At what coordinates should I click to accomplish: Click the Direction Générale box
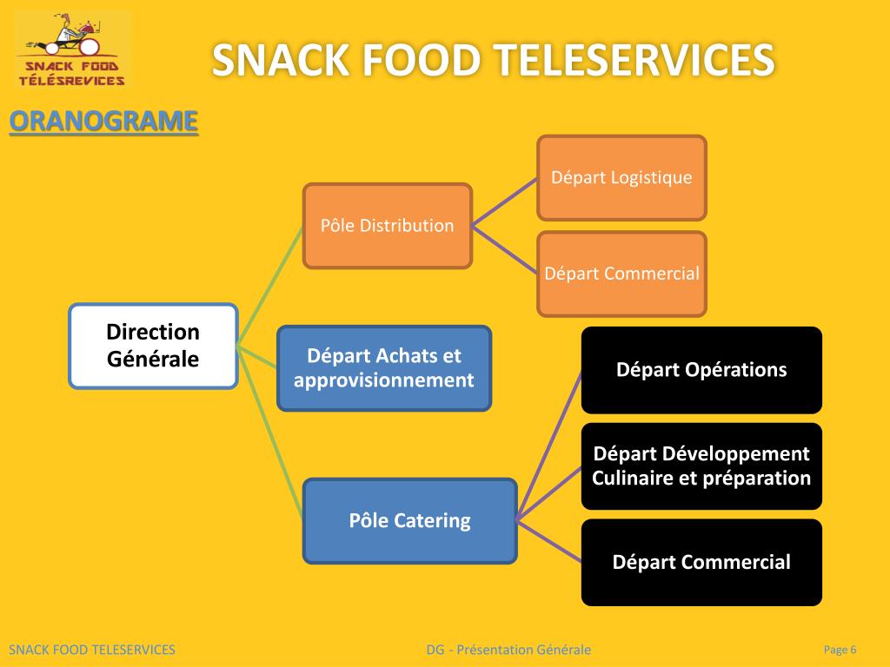click(153, 345)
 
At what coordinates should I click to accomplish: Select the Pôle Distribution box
click(387, 226)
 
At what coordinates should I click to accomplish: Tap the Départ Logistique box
click(621, 178)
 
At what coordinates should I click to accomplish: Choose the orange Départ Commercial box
click(621, 274)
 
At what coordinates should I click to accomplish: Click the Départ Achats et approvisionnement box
click(384, 368)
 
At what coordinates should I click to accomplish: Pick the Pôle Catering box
click(409, 521)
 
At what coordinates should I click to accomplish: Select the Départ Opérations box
click(701, 370)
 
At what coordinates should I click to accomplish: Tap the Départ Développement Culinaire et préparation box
click(701, 466)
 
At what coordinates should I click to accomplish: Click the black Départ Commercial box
click(701, 562)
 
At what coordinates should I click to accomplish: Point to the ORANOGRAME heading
click(103, 122)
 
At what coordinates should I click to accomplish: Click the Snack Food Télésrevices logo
click(72, 50)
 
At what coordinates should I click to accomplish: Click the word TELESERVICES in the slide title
click(634, 61)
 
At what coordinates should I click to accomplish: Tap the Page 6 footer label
click(840, 650)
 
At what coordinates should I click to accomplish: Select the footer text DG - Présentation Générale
click(508, 650)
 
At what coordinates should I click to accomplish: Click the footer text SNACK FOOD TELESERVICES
click(92, 650)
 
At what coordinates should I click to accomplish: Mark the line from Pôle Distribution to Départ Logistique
click(504, 202)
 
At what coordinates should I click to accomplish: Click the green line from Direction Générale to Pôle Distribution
click(269, 287)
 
